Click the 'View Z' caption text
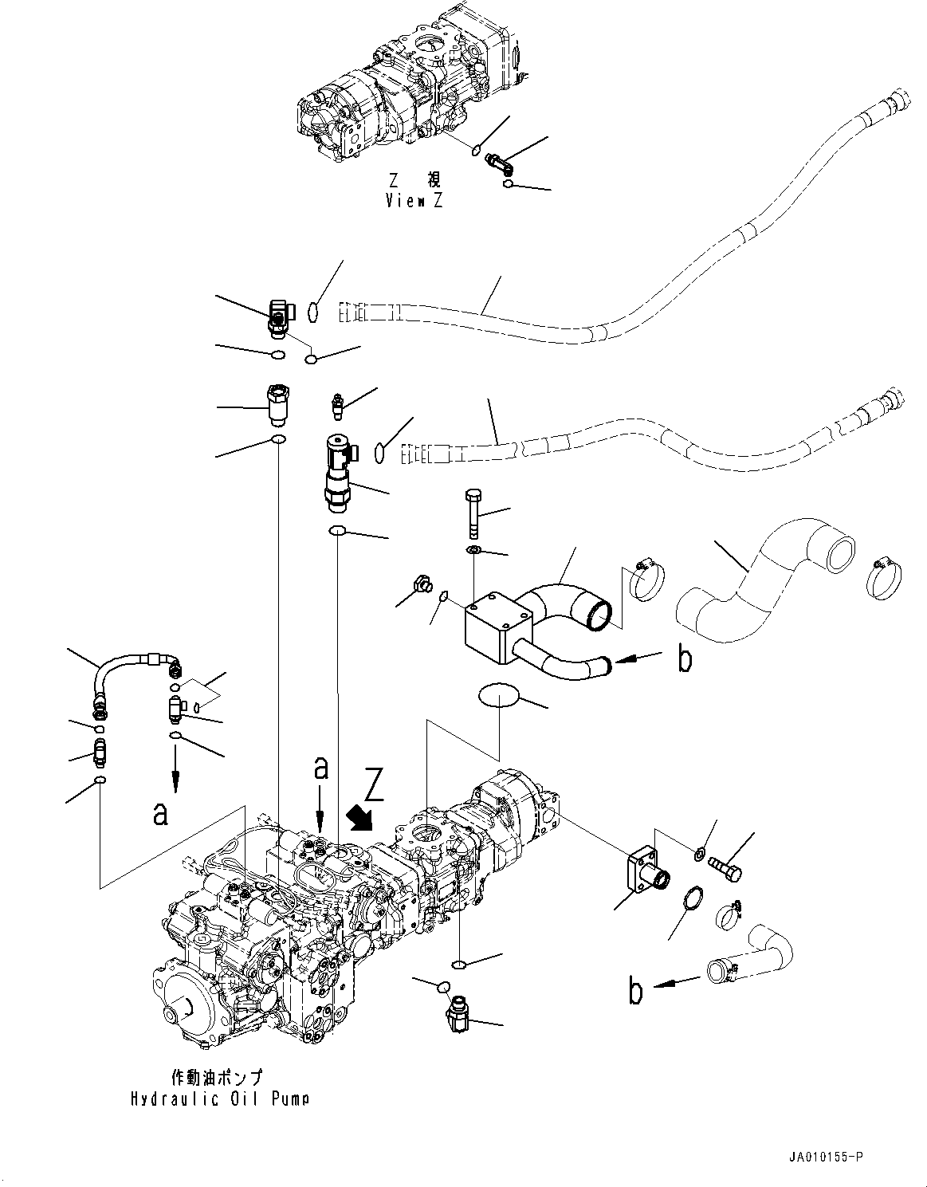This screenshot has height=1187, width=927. [x=414, y=201]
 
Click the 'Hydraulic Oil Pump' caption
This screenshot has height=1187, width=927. [x=220, y=1099]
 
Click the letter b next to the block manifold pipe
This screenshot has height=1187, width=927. [x=683, y=659]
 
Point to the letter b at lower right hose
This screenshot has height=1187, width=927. [x=635, y=990]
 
